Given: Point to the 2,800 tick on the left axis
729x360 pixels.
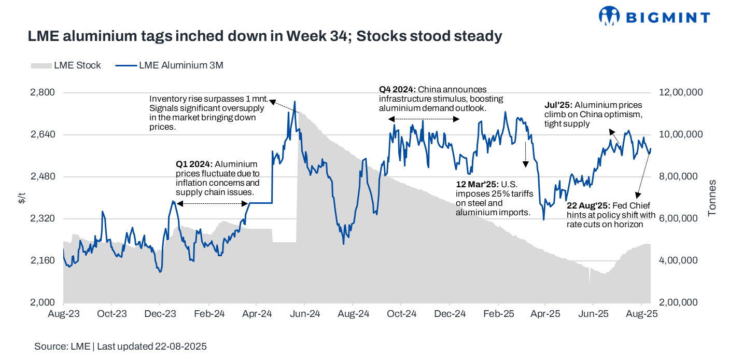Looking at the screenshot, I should click(44, 92).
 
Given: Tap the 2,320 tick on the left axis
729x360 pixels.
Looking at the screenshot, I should click(44, 218).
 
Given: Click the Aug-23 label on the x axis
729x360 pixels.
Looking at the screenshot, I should click(63, 314).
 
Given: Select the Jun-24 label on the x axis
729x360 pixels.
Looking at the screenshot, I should click(304, 314).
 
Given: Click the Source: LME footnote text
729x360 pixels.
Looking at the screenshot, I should click(120, 346).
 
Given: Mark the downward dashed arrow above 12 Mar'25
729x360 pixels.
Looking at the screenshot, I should click(525, 153).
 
